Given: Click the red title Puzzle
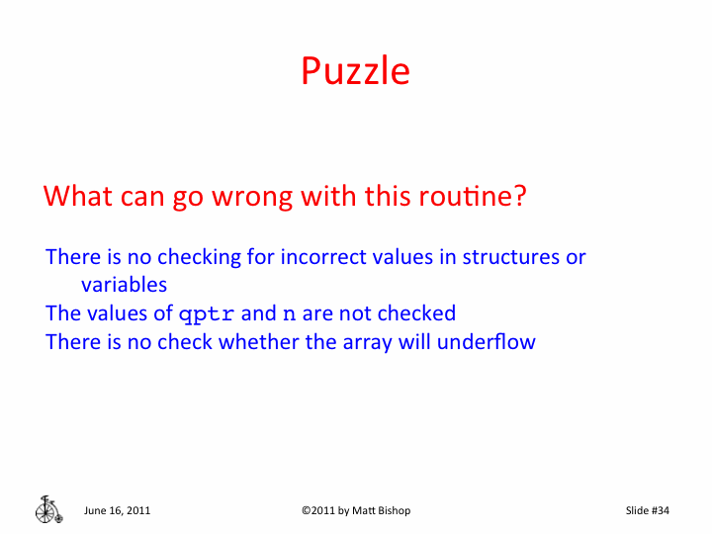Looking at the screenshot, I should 355,72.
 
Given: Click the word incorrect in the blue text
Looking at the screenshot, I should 323,257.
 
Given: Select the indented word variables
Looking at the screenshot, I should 124,285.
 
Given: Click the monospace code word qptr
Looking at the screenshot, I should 207,314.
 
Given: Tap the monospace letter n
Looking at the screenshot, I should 289,314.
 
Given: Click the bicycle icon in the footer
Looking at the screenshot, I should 47,508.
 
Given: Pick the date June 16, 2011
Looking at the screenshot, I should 118,510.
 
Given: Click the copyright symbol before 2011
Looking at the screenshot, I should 306,510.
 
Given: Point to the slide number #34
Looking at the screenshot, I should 661,510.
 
